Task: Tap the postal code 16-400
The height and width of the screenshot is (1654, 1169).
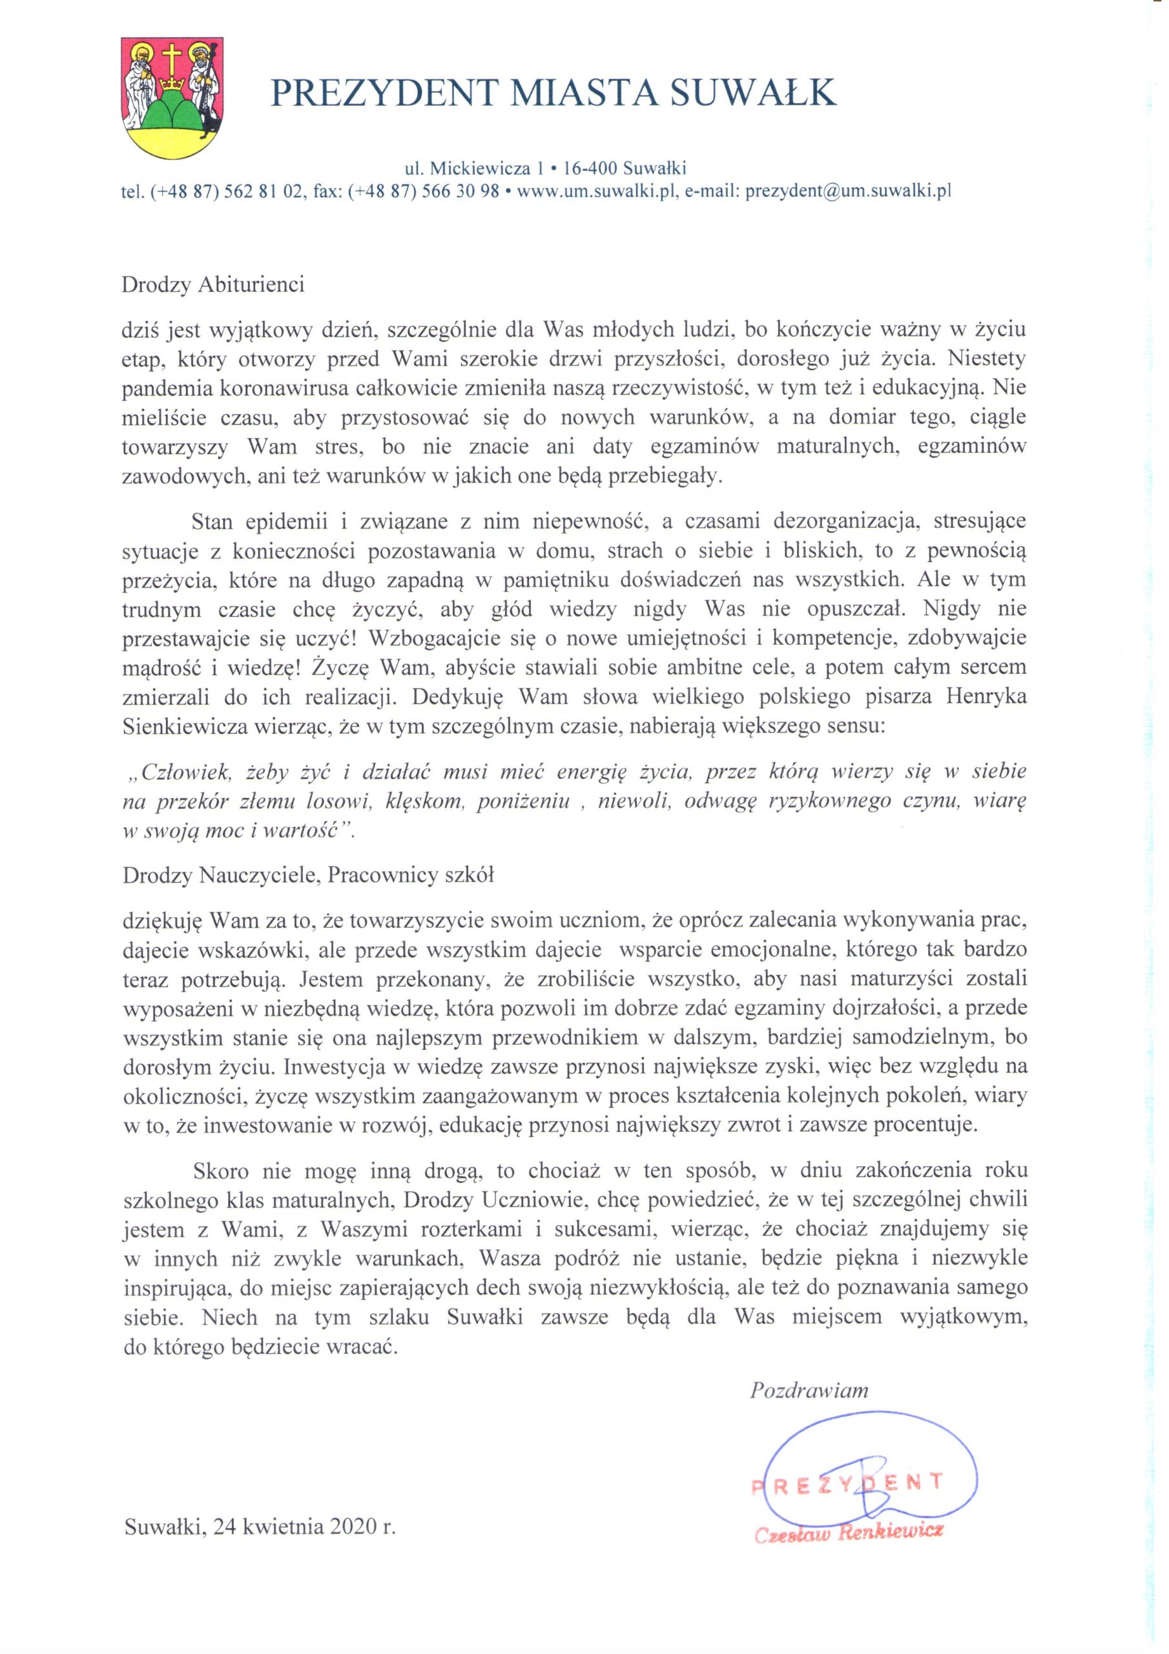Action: pos(589,169)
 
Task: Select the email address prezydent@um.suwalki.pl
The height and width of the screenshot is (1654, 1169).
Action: pos(849,192)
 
